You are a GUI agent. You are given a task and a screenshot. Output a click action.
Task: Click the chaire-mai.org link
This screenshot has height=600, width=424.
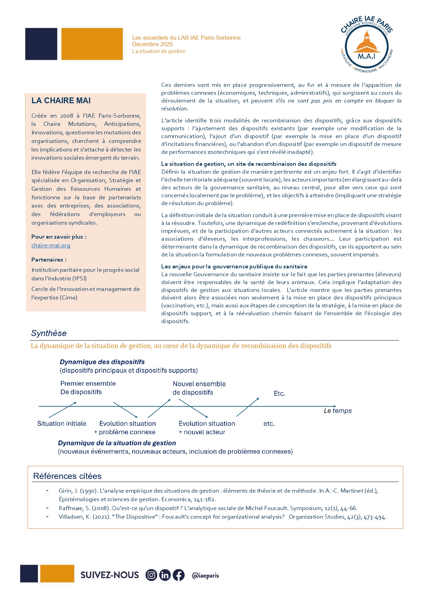click(x=51, y=245)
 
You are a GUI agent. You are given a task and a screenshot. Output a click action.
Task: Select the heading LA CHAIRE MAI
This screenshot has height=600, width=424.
click(x=61, y=101)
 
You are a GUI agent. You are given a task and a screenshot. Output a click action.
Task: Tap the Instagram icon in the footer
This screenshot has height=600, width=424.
click(x=151, y=575)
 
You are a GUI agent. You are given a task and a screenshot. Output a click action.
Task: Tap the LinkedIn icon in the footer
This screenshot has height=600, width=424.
click(x=165, y=575)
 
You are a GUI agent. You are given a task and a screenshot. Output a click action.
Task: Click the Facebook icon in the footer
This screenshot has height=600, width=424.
click(x=178, y=575)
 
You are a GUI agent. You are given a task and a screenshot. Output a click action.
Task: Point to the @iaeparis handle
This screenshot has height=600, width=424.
click(x=205, y=575)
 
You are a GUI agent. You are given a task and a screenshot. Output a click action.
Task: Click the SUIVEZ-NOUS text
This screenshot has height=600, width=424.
click(x=110, y=575)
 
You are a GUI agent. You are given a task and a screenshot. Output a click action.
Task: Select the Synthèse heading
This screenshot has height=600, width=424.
click(x=49, y=333)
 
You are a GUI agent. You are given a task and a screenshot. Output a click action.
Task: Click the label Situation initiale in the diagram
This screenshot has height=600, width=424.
click(x=62, y=424)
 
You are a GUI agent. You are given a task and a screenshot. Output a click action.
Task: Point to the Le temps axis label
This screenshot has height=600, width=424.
click(x=338, y=411)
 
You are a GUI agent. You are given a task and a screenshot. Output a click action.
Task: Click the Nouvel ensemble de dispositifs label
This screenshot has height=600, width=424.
click(x=199, y=388)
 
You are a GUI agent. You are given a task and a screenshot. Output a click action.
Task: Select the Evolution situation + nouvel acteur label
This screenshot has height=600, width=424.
click(x=207, y=428)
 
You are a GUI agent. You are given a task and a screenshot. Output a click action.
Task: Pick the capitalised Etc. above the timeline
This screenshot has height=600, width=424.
click(x=279, y=394)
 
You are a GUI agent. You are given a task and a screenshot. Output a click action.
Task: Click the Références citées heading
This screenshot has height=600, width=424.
click(x=67, y=476)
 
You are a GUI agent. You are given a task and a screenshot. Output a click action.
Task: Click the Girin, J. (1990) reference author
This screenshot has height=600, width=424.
click(x=69, y=491)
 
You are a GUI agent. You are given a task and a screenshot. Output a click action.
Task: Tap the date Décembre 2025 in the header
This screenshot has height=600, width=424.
click(x=152, y=44)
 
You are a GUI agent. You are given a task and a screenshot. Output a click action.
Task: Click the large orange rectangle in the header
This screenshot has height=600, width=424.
click(x=92, y=44)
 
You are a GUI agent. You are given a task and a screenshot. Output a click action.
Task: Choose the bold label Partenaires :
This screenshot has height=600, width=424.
click(x=49, y=259)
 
